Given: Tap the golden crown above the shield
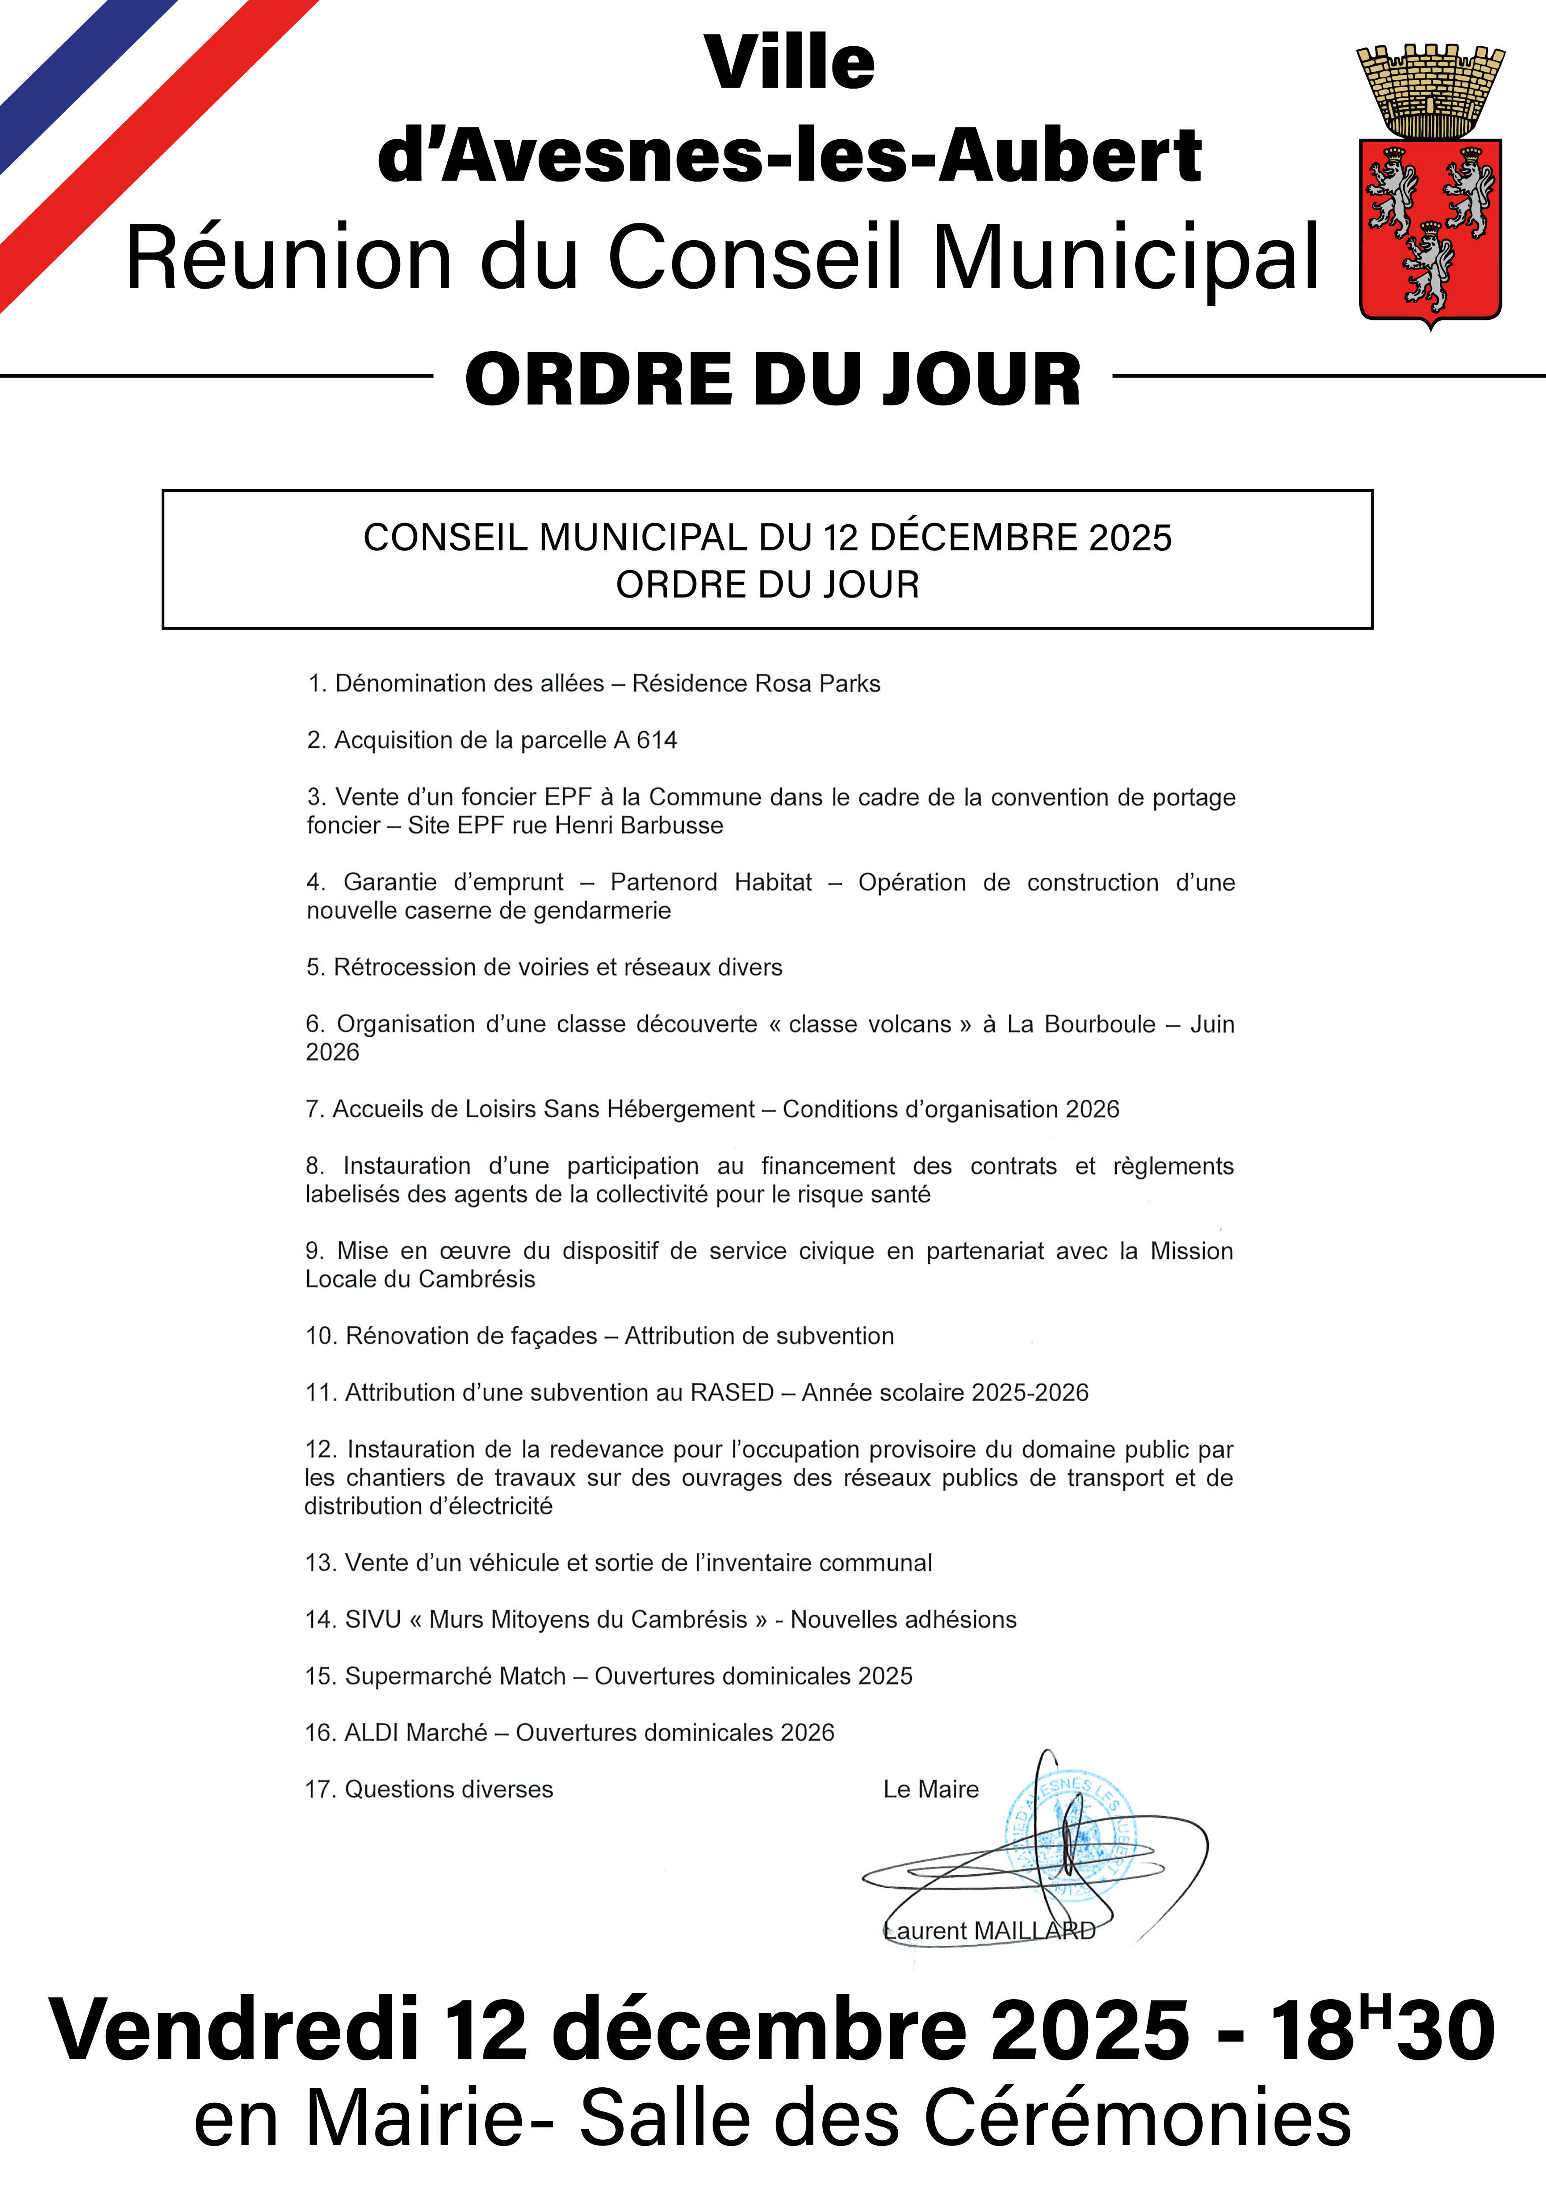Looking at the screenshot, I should (1430, 90).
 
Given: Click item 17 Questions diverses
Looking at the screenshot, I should (428, 1790).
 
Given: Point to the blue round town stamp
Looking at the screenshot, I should (1070, 1842).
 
